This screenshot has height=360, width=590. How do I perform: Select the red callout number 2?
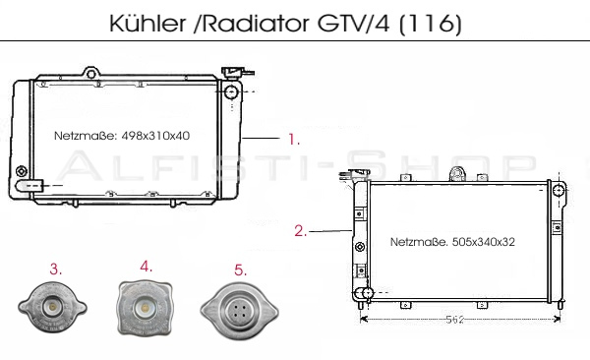301,232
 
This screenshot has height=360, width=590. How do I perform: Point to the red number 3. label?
57,268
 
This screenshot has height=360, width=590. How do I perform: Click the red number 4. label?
146,266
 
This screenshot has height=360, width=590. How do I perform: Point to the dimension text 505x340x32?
482,240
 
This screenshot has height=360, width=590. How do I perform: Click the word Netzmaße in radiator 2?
417,240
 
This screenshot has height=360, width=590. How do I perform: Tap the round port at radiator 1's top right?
233,92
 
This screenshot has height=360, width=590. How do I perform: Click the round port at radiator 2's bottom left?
366,294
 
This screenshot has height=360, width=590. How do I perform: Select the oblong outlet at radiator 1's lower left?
29,184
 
